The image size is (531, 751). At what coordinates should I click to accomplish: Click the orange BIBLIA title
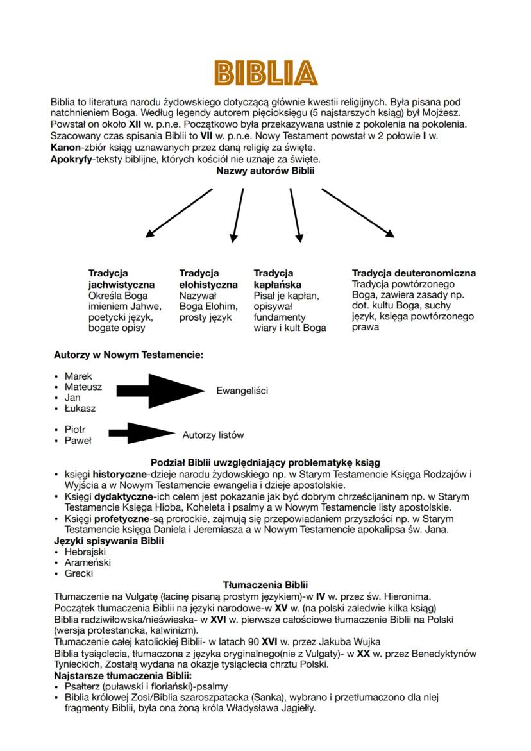point(265,73)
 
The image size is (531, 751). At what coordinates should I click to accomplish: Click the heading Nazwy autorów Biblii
point(265,171)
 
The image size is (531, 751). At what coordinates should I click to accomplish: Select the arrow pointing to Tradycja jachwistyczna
point(179,213)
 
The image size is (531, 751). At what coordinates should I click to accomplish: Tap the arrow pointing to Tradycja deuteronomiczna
point(358,213)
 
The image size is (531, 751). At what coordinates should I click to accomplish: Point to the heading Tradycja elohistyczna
point(208,279)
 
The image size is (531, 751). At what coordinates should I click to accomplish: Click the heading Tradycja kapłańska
point(278,279)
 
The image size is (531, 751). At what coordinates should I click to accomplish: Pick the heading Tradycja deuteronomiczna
point(414,273)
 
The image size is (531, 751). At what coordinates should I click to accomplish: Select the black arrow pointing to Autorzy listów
point(141,434)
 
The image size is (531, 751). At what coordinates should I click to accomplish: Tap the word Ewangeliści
point(242,391)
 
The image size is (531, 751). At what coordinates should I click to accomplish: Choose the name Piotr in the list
point(75,429)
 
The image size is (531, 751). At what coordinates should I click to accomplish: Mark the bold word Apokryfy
point(71,159)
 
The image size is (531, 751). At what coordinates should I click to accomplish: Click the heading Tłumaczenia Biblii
point(265,585)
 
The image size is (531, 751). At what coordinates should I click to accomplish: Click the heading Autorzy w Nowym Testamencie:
point(128,354)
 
